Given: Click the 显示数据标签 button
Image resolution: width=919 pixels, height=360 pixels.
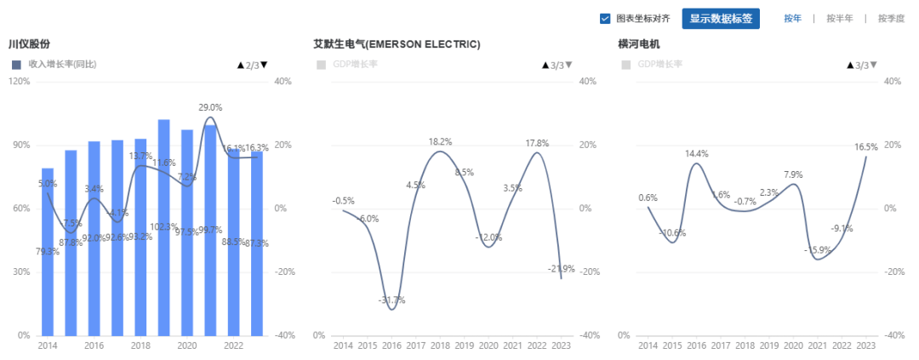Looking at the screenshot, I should pyautogui.click(x=720, y=19).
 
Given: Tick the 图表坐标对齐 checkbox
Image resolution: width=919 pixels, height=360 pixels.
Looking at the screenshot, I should pyautogui.click(x=605, y=19).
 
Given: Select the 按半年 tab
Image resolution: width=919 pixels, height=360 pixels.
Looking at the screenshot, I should pyautogui.click(x=839, y=19).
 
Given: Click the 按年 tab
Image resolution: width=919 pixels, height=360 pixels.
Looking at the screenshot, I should pyautogui.click(x=792, y=19).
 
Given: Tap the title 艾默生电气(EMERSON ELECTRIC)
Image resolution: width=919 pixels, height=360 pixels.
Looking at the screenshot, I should pyautogui.click(x=397, y=44).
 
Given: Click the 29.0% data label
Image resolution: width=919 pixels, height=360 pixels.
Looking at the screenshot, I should pyautogui.click(x=210, y=108).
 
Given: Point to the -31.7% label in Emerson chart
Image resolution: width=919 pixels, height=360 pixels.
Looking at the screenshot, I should pyautogui.click(x=391, y=300).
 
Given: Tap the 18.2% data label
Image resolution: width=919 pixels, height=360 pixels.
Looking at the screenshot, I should pyautogui.click(x=440, y=141).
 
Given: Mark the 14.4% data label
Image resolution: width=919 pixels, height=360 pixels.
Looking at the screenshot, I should pyautogui.click(x=697, y=154).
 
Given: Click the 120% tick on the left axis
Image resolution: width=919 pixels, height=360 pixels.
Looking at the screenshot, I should pyautogui.click(x=19, y=82).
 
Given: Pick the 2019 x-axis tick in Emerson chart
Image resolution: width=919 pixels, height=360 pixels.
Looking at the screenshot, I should pyautogui.click(x=464, y=346).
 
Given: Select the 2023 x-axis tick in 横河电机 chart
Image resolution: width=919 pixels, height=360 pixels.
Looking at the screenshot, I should pyautogui.click(x=865, y=346).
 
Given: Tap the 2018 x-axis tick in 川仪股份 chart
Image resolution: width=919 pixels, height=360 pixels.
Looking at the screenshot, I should pyautogui.click(x=140, y=346).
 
